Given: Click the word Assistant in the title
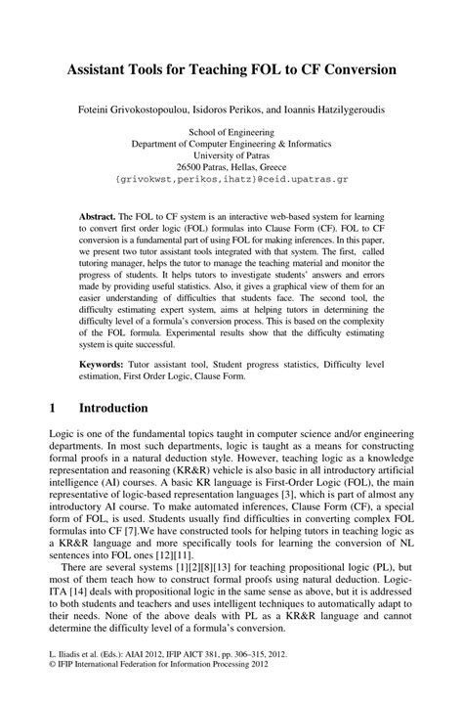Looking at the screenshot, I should click(x=104, y=70).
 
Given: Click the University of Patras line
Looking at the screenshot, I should click(x=231, y=154).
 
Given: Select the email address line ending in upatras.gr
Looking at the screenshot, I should click(x=231, y=180).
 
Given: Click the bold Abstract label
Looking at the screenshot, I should click(x=98, y=213).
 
